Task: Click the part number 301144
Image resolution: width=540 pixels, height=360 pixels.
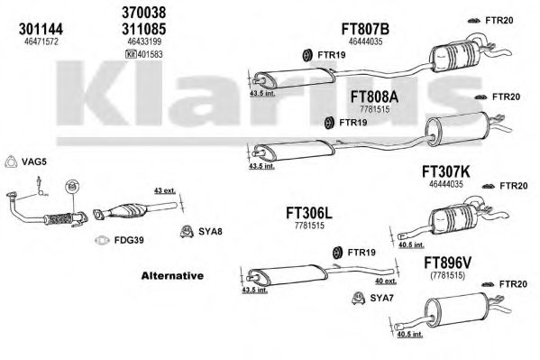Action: click(41, 29)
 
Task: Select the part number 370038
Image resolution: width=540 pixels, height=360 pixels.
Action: click(144, 13)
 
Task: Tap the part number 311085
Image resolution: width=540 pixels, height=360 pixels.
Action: click(144, 29)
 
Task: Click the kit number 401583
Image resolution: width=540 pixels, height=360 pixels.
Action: click(150, 54)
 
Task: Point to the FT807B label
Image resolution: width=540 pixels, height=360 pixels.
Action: click(365, 29)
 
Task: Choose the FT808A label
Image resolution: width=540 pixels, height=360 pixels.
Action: click(374, 97)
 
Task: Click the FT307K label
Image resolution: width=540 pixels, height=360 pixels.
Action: click(445, 171)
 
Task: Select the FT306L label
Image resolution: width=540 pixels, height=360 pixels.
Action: click(309, 214)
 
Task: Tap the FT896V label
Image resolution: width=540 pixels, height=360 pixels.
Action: click(447, 263)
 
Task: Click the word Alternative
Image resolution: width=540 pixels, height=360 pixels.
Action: click(172, 276)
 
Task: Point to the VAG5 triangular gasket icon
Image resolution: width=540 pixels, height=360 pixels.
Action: click(11, 162)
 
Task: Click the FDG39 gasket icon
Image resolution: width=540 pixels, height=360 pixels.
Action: click(102, 240)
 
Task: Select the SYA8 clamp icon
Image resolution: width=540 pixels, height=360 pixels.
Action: click(187, 232)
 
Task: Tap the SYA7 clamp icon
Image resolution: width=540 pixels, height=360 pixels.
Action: click(359, 299)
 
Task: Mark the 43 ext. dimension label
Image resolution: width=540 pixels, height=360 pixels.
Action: click(165, 190)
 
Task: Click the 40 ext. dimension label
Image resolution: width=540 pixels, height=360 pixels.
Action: click(386, 282)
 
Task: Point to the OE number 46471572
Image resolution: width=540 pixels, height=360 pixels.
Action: click(41, 42)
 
